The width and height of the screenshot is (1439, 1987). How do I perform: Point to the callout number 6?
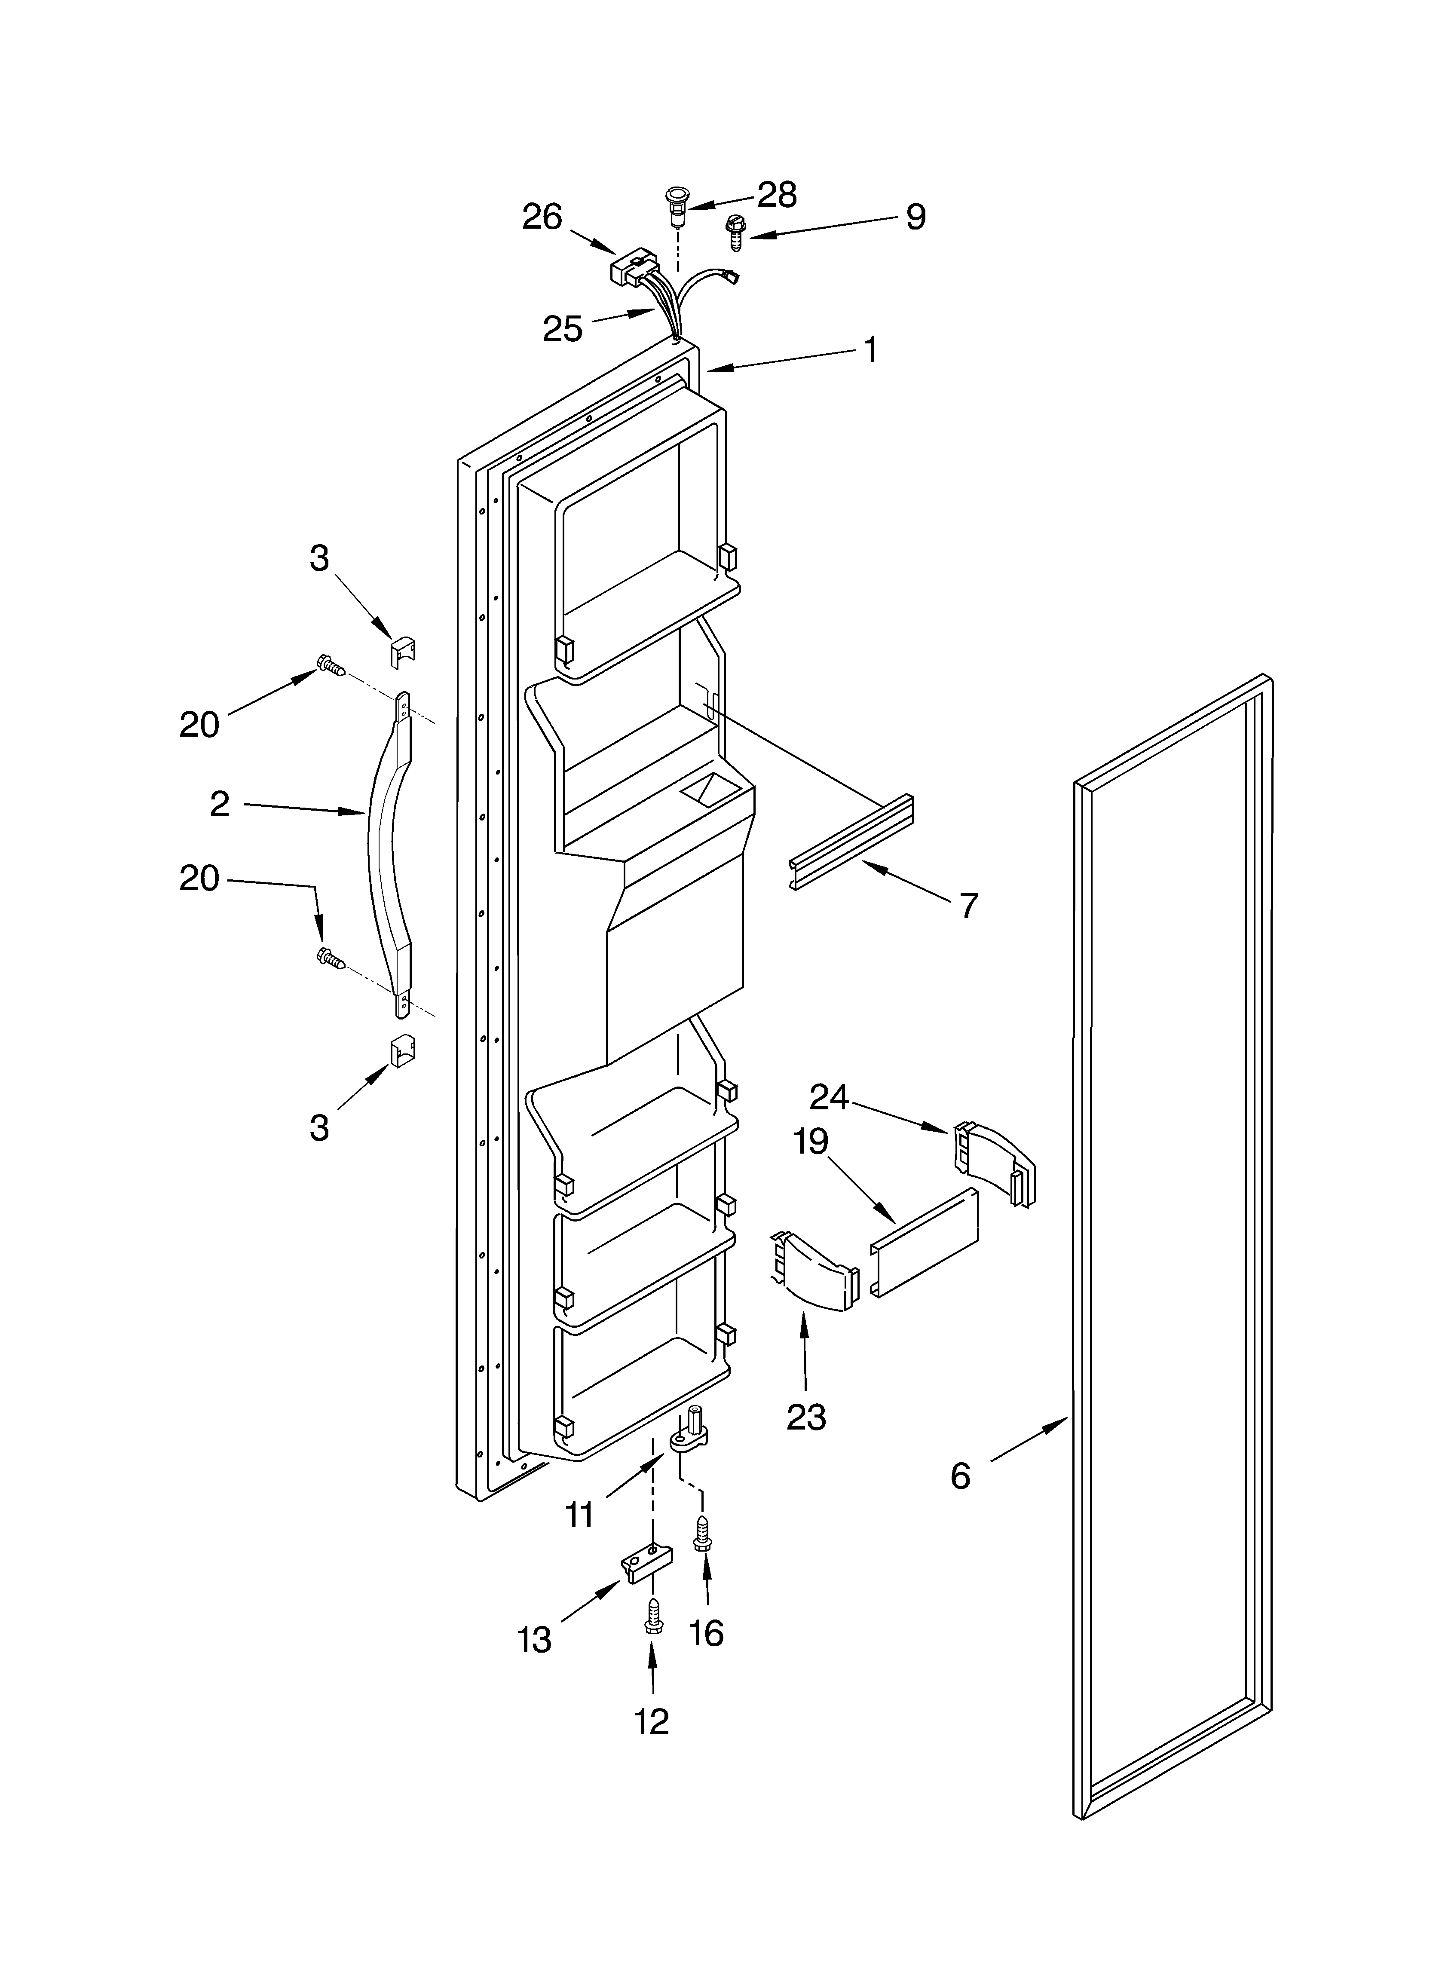tap(961, 1476)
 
